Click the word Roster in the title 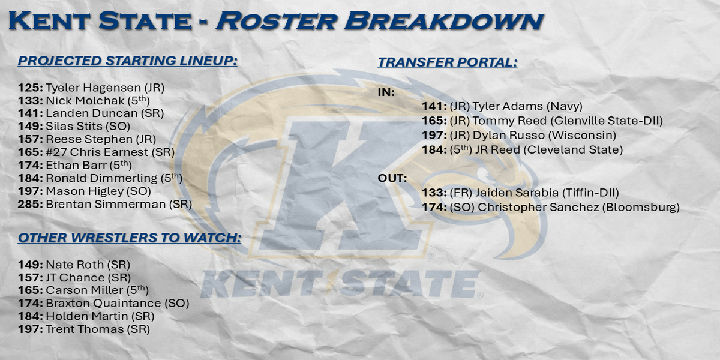click(x=277, y=21)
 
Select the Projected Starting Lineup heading click(x=128, y=61)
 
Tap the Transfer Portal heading click(x=448, y=62)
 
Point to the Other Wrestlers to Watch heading click(x=130, y=238)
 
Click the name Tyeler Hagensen click(x=93, y=88)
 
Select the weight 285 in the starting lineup click(x=30, y=204)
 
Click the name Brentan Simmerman click(x=106, y=204)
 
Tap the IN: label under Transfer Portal click(x=386, y=92)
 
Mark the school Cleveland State click(x=573, y=150)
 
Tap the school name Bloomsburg click(x=641, y=208)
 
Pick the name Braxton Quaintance click(x=103, y=303)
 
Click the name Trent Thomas click(x=85, y=329)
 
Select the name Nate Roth click(x=75, y=265)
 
